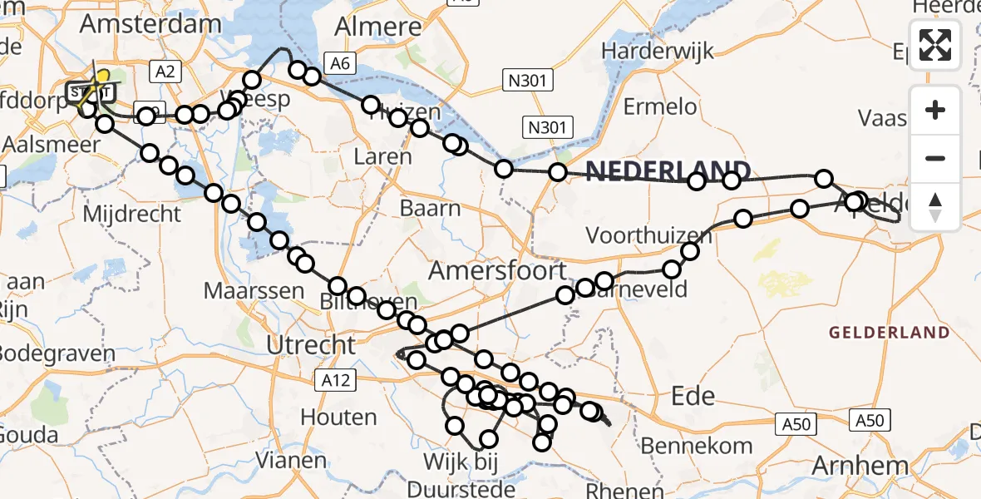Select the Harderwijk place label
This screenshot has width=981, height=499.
657,51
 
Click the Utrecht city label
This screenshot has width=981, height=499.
311,343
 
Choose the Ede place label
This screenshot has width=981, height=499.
692,395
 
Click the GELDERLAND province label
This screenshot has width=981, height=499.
889,333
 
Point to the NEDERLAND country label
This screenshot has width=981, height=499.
668,171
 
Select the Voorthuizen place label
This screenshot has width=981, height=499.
648,235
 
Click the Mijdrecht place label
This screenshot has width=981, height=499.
131,214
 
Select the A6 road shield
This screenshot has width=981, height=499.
338,63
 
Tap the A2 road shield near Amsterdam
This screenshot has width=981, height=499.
165,72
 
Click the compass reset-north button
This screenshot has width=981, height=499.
935,206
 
